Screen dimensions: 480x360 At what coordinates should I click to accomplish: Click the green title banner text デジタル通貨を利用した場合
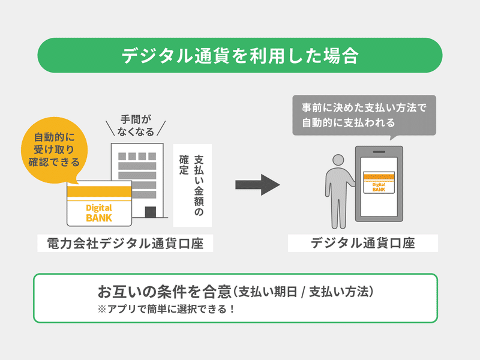pyautogui.click(x=240, y=56)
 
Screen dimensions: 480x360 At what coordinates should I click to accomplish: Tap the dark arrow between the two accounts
pyautogui.click(x=257, y=185)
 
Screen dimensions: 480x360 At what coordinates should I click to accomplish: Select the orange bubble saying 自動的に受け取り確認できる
pyautogui.click(x=54, y=150)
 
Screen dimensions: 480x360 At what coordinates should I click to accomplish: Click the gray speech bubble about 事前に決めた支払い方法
pyautogui.click(x=364, y=116)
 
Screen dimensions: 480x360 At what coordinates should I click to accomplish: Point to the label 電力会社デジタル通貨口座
pyautogui.click(x=125, y=244)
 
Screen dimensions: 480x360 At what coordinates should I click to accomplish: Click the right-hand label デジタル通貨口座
pyautogui.click(x=363, y=243)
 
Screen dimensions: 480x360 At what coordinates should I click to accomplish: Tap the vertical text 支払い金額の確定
pyautogui.click(x=191, y=185)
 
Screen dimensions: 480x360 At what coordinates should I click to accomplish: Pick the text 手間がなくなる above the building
pyautogui.click(x=136, y=125)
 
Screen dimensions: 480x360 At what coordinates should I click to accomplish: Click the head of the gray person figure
pyautogui.click(x=338, y=160)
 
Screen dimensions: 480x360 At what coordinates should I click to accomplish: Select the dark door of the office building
pyautogui.click(x=151, y=212)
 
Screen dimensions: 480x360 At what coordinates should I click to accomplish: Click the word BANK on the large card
pyautogui.click(x=99, y=218)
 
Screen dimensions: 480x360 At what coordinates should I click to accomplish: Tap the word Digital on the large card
pyautogui.click(x=99, y=208)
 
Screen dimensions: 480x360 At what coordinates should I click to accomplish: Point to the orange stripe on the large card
pyautogui.click(x=99, y=191)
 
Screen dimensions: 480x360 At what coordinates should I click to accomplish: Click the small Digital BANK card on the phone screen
pyautogui.click(x=379, y=182)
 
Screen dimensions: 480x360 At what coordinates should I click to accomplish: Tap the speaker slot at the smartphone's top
pyautogui.click(x=379, y=152)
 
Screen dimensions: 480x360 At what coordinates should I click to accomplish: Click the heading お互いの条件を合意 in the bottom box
pyautogui.click(x=164, y=292)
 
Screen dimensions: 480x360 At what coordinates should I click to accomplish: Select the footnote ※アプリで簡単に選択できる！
pyautogui.click(x=166, y=309)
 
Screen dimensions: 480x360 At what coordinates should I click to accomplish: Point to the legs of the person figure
pyautogui.click(x=338, y=213)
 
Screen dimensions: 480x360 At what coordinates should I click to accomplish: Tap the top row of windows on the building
pyautogui.click(x=137, y=157)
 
